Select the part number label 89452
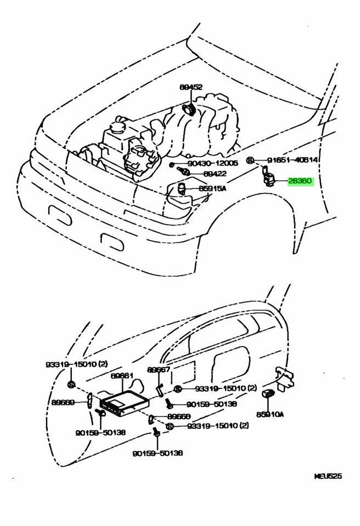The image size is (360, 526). (x=191, y=87)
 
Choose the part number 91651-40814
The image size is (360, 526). (x=292, y=160)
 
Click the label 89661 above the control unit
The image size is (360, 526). (x=122, y=376)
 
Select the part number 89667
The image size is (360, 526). (x=159, y=370)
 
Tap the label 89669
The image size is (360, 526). (x=64, y=402)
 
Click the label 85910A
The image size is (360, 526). (x=271, y=414)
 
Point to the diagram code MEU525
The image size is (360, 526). (x=328, y=476)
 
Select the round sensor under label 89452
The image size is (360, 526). (x=190, y=109)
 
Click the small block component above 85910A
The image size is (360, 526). (x=270, y=393)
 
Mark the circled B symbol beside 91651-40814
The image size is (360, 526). (x=250, y=161)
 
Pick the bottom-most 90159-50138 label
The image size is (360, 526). (x=157, y=453)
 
